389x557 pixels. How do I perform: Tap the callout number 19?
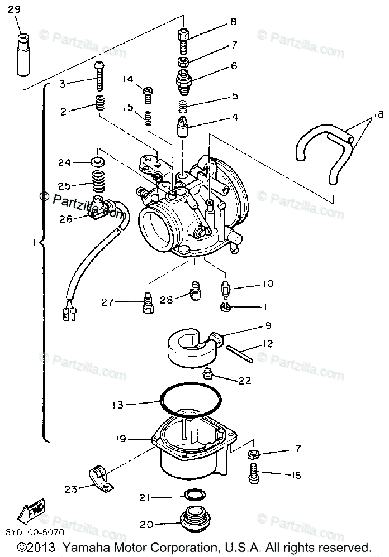(122, 439)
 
